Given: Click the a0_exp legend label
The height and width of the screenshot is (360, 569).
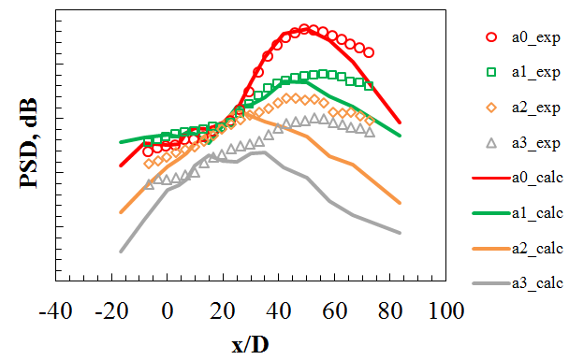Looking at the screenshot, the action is [x=535, y=37].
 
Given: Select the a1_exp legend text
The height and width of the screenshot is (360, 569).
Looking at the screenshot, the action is [x=535, y=73].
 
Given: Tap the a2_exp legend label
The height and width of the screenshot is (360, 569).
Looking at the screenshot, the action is [x=535, y=108].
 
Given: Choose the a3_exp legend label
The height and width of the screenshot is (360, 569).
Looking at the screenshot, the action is [x=535, y=143].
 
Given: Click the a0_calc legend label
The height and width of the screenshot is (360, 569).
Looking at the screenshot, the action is [x=537, y=178].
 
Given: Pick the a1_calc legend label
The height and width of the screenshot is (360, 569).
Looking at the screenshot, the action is [x=537, y=213].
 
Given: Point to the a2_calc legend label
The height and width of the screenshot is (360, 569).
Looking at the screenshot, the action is [x=537, y=249].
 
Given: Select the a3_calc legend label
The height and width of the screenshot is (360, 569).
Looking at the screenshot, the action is [x=537, y=283].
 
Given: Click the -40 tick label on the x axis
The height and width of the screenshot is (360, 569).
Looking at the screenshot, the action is [x=55, y=311].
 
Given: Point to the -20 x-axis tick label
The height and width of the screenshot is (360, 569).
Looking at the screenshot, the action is [x=111, y=311].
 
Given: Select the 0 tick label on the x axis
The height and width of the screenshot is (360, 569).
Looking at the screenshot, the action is [x=167, y=311].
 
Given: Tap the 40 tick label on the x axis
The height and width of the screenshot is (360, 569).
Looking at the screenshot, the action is [x=278, y=311].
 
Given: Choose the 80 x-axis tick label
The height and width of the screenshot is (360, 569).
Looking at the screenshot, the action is [x=389, y=311].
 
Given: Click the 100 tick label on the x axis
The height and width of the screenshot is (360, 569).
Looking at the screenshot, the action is [x=446, y=311].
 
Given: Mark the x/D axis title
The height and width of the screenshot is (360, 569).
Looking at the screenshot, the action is [x=251, y=344].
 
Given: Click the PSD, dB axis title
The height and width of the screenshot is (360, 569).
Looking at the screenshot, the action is [x=29, y=143].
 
